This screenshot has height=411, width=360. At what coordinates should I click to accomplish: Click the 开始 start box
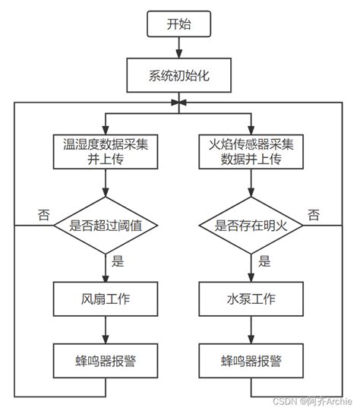click(179, 24)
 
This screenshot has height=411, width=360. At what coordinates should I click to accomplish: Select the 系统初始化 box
click(179, 76)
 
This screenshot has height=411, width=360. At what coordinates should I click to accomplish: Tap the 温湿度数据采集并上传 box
click(106, 150)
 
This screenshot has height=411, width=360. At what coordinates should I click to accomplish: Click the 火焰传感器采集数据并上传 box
click(251, 150)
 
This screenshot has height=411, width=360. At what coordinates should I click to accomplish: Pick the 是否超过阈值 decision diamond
click(106, 225)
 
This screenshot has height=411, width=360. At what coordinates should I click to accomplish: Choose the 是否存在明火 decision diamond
click(251, 225)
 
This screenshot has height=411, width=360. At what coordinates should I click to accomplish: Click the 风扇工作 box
click(106, 299)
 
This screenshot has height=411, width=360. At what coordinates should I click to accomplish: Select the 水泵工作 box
click(251, 299)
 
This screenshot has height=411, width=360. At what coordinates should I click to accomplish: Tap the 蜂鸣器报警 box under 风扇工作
click(106, 359)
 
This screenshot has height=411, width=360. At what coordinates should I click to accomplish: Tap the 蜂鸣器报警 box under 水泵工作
click(251, 359)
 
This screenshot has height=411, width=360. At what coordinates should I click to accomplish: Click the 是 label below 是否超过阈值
click(118, 262)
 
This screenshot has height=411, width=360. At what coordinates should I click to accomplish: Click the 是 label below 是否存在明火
click(264, 262)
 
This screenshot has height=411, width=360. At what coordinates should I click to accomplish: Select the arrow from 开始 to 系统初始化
click(179, 49)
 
